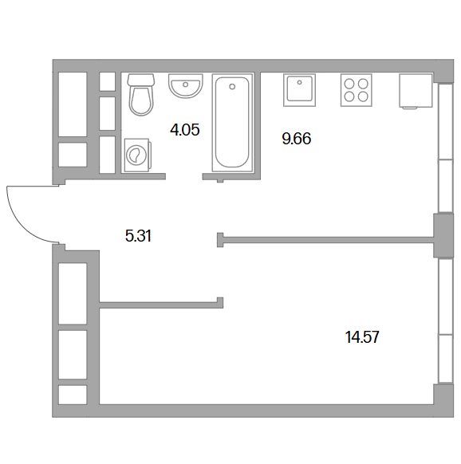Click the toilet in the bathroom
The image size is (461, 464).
click(141, 95)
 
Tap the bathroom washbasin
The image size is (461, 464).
click(186, 86)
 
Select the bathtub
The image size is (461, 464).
click(232, 122)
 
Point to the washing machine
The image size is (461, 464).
click(138, 155)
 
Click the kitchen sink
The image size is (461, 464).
click(299, 90)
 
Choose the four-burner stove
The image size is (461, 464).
click(357, 90)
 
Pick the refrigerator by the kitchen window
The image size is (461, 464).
click(416, 91)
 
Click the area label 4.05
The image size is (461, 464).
click(185, 130)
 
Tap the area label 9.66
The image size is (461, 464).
click(297, 139)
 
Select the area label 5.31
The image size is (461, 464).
click(138, 236)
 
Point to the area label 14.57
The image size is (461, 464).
click(362, 337)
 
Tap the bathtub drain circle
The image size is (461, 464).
click(232, 87)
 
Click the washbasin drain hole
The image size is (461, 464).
click(186, 85)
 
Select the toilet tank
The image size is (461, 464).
click(141, 80)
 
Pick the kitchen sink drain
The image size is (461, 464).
click(300, 82)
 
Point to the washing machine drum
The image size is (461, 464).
click(135, 155)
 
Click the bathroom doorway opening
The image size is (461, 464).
click(184, 176)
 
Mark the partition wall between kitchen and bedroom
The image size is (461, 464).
click(325, 240)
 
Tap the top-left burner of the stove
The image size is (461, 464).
click(349, 84)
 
